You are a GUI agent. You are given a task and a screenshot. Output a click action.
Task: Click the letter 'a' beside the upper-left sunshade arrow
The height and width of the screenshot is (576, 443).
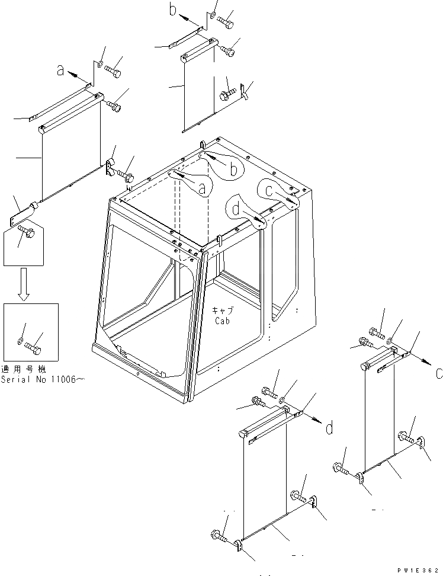(x=60, y=71)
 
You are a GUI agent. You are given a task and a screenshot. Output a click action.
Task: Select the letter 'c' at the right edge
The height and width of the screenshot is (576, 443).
(x=438, y=374)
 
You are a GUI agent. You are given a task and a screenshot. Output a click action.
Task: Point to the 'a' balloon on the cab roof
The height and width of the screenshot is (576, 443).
(x=201, y=188)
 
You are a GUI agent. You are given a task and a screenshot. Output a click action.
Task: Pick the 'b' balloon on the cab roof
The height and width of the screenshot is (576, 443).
(x=233, y=169)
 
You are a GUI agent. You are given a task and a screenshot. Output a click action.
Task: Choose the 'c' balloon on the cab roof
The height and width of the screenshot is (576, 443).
(x=268, y=191)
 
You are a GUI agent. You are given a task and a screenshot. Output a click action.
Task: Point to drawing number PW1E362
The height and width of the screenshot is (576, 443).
(x=420, y=569)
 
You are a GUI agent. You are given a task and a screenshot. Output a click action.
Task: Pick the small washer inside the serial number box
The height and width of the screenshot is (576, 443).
(x=21, y=341)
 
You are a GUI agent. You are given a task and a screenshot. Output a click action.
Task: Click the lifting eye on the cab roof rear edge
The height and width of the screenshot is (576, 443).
(x=203, y=144)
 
